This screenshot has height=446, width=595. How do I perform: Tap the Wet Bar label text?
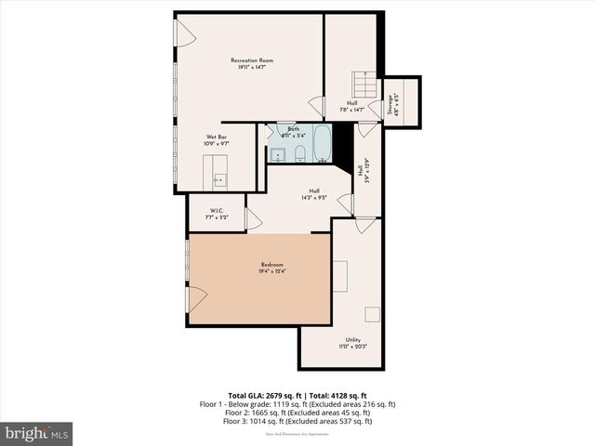coord(216,140)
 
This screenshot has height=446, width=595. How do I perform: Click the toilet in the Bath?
coord(301,151)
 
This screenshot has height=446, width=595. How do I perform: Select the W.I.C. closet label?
coord(216,213)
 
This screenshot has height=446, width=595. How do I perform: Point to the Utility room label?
coord(352,343)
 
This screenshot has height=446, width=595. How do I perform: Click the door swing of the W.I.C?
coord(251,218)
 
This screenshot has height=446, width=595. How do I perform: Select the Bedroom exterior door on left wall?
coord(195,299)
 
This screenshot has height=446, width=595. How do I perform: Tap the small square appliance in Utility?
coord(372,313)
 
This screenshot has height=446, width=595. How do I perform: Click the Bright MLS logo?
coord(37,433)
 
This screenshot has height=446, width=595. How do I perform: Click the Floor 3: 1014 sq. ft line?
coord(297,421)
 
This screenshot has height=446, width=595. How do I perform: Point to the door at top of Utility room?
coord(365,225)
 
